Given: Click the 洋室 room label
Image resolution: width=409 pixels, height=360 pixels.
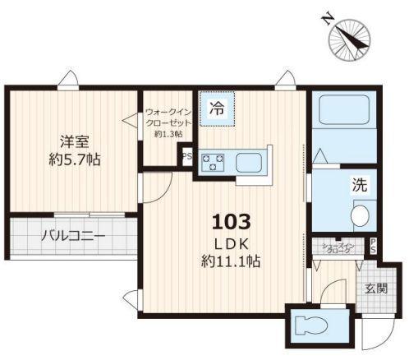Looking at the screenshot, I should (72, 139).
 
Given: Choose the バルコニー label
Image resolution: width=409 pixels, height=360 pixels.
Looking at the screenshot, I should (72, 237).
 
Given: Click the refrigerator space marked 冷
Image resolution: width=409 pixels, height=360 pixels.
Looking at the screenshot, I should (217, 108).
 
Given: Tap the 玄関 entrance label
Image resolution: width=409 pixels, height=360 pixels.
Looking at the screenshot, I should (378, 288).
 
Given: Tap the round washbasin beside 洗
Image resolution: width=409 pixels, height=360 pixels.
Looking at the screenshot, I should (361, 216).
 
